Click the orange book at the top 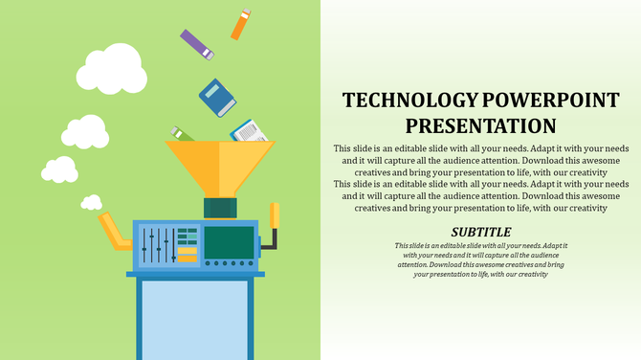240,25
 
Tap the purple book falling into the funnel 196,44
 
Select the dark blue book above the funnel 216,97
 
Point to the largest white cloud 111,67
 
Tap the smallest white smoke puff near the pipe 59,169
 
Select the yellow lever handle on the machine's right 275,218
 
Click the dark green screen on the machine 230,242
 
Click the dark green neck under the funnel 220,208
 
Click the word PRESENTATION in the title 480,125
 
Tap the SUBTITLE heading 480,232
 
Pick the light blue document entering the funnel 247,130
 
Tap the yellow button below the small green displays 187,258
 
